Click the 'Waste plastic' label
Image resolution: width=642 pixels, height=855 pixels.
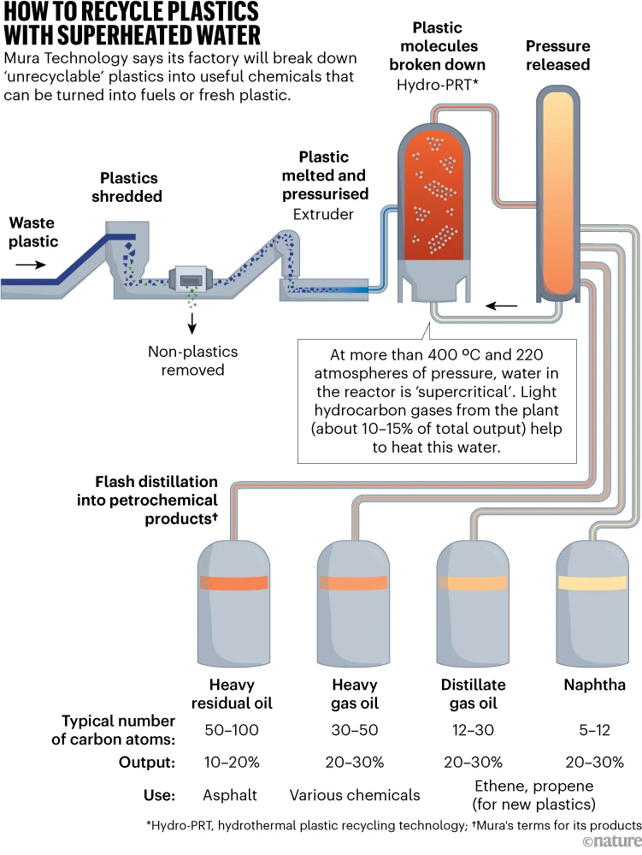point(33,231)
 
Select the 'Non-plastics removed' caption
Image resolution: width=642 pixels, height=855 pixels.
point(192,360)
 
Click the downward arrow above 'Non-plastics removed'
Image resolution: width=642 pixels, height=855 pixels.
point(192,323)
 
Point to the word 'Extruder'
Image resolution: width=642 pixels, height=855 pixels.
point(324,214)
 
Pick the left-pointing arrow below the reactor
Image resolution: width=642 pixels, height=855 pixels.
point(501,305)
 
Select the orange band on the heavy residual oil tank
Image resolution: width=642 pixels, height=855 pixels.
point(234,583)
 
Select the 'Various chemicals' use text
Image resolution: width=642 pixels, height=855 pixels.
point(355,795)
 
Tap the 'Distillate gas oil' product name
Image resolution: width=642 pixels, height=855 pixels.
point(473,694)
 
